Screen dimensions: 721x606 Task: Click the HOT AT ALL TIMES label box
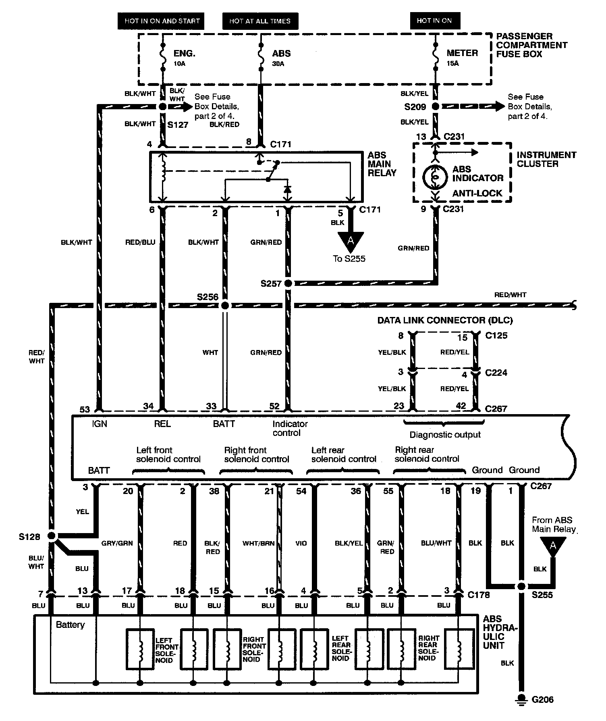[260, 21]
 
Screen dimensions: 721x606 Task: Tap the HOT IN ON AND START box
[162, 21]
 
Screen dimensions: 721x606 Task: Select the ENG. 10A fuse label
[184, 57]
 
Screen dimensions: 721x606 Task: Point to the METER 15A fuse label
[462, 57]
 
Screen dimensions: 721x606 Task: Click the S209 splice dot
[435, 107]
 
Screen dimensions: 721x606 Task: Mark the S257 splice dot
[288, 283]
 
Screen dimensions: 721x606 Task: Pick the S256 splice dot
[225, 305]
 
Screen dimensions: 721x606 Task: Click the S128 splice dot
[51, 536]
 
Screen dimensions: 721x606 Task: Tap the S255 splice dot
[521, 586]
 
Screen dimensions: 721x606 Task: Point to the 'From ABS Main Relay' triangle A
[553, 547]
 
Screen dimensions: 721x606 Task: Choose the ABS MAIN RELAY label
[382, 164]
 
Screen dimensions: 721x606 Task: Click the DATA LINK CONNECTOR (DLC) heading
[445, 321]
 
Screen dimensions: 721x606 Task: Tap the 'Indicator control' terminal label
[290, 428]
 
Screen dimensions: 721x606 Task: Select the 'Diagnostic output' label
[445, 435]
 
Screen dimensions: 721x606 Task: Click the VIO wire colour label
[301, 543]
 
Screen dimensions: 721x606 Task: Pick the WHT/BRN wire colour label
[258, 543]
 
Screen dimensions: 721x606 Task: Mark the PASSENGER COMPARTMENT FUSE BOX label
[531, 45]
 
